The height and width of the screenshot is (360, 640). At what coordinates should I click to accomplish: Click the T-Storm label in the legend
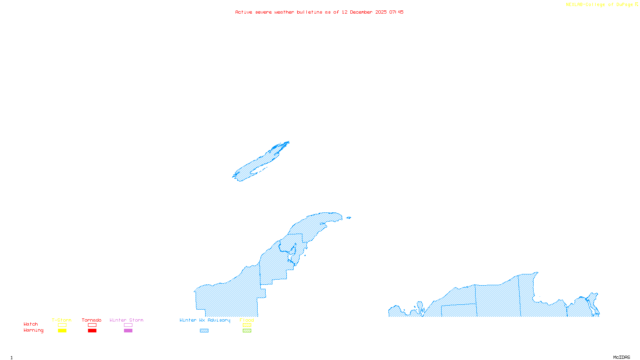(x=62, y=320)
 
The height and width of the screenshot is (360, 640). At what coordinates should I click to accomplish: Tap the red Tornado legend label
(x=92, y=320)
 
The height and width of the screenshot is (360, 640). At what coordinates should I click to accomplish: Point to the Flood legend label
(x=247, y=320)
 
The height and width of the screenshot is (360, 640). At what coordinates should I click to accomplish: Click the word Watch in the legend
(x=31, y=324)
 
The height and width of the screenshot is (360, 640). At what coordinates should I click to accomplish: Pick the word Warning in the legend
(x=33, y=330)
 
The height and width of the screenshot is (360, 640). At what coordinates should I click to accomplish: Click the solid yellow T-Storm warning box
(x=62, y=331)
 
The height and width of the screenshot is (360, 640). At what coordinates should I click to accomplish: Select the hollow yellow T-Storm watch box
(x=62, y=325)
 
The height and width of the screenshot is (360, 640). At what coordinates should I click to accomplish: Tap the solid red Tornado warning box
(x=92, y=331)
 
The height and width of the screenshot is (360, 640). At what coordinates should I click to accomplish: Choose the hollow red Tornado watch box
(x=92, y=325)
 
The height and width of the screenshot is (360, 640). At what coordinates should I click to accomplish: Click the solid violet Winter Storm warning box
(x=128, y=331)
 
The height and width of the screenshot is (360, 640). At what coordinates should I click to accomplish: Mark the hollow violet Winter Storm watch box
(x=128, y=325)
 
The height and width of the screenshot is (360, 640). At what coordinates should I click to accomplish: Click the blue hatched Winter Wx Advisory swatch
(x=204, y=331)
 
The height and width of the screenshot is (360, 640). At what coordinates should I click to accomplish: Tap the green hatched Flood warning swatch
(x=247, y=331)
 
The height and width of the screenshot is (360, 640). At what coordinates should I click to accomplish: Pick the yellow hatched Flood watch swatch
(x=247, y=325)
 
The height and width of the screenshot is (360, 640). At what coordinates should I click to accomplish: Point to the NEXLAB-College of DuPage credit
(x=602, y=4)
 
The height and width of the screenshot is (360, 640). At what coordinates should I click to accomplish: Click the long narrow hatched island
(x=260, y=162)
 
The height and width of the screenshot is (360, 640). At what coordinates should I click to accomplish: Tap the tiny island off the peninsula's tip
(x=348, y=218)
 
